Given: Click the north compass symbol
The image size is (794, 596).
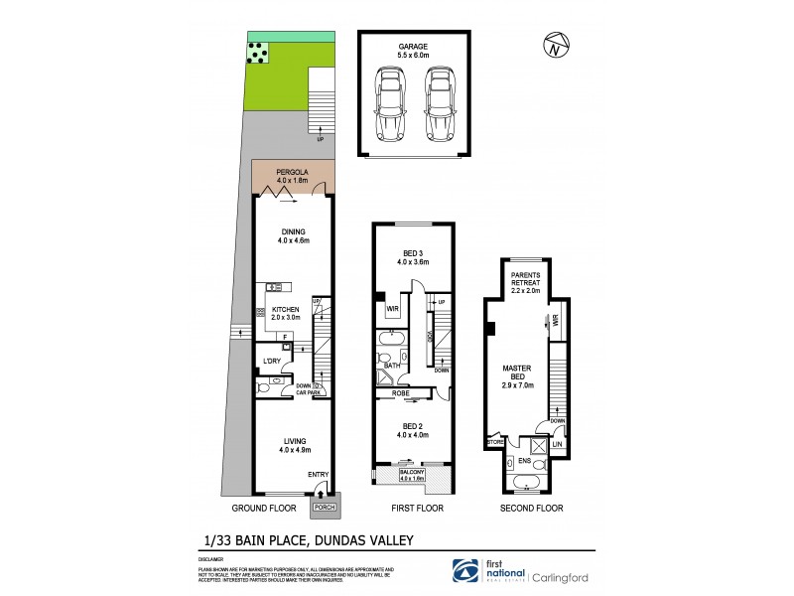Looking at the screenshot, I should coord(557,45).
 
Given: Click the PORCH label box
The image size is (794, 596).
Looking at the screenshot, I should coord(325,508).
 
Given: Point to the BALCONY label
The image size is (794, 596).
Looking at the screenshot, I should coord(410,475).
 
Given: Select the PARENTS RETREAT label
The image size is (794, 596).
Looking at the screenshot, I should coord(525,280).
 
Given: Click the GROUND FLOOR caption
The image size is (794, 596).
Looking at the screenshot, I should coord(264,509).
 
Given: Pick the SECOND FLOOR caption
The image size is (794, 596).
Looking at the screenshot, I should coord(533,509).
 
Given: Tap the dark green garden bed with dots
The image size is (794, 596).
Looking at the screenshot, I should coord(258,53).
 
